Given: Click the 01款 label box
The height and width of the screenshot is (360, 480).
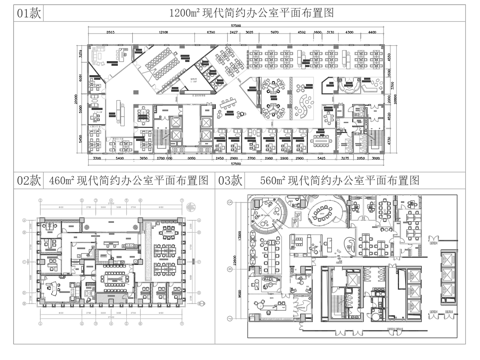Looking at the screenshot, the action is click(23, 14).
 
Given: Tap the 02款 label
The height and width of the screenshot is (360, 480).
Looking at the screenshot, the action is click(19, 181).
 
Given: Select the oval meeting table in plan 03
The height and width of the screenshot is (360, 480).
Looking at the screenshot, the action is click(326, 211).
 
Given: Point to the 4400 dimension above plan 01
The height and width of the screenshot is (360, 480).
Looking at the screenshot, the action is click(372, 32).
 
